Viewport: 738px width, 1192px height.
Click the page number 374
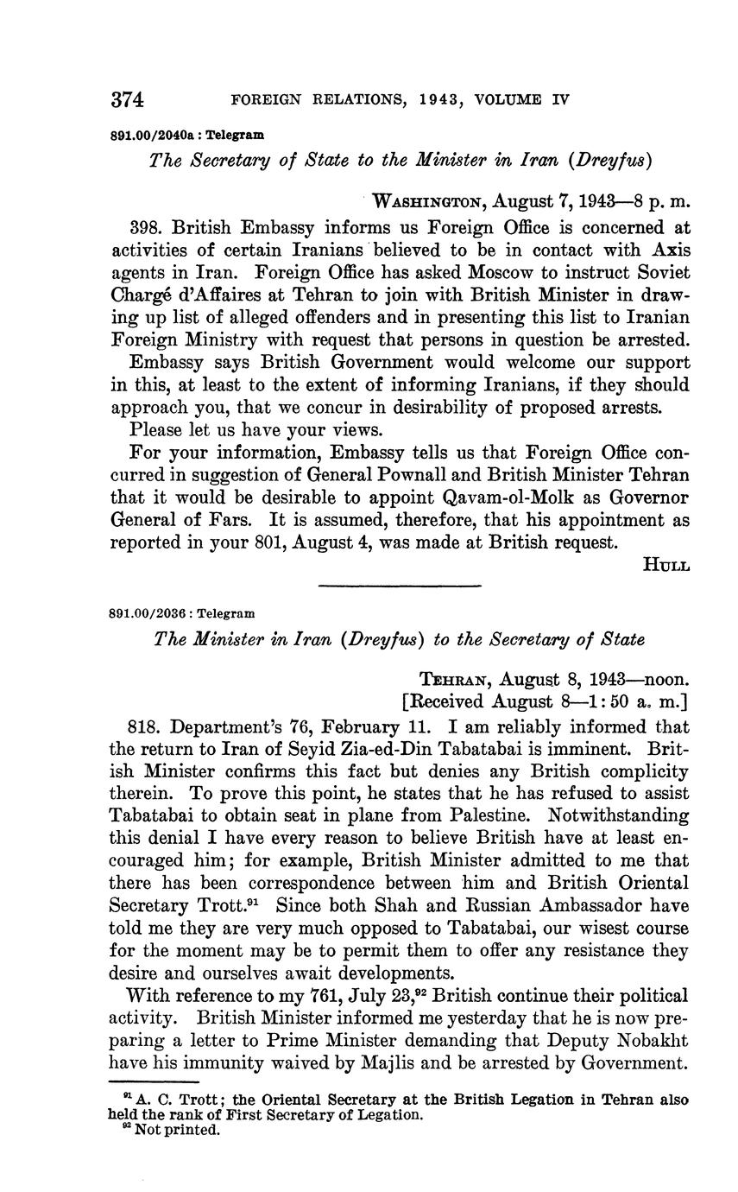click(x=127, y=99)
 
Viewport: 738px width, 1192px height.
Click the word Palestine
click(x=505, y=815)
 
